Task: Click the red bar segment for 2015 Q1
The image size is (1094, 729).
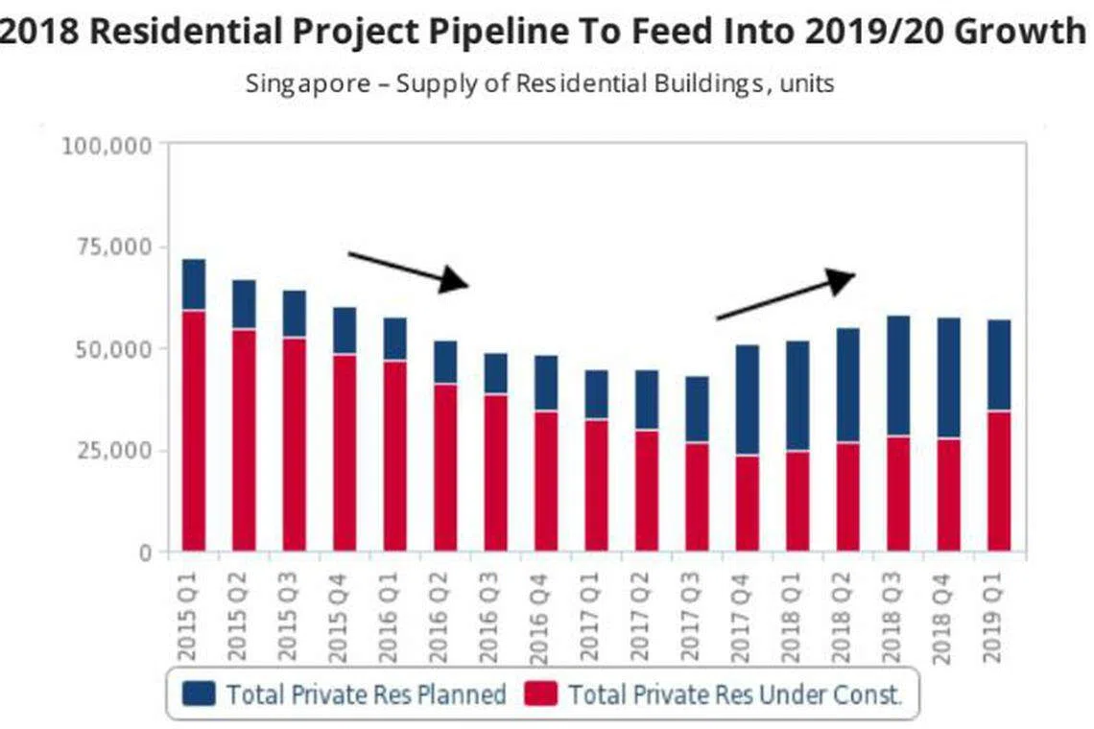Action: (x=194, y=430)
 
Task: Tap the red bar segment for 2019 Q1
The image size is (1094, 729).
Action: (x=999, y=481)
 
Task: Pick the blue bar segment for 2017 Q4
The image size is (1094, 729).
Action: (x=747, y=399)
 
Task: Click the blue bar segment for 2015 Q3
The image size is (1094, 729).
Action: (x=294, y=314)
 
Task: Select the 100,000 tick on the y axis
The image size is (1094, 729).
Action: (x=107, y=146)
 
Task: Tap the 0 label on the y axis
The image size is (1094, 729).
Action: (x=145, y=553)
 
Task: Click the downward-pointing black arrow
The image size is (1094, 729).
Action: (x=408, y=270)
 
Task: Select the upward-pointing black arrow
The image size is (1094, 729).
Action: (x=785, y=294)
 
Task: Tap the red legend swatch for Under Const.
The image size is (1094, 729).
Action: (x=540, y=694)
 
